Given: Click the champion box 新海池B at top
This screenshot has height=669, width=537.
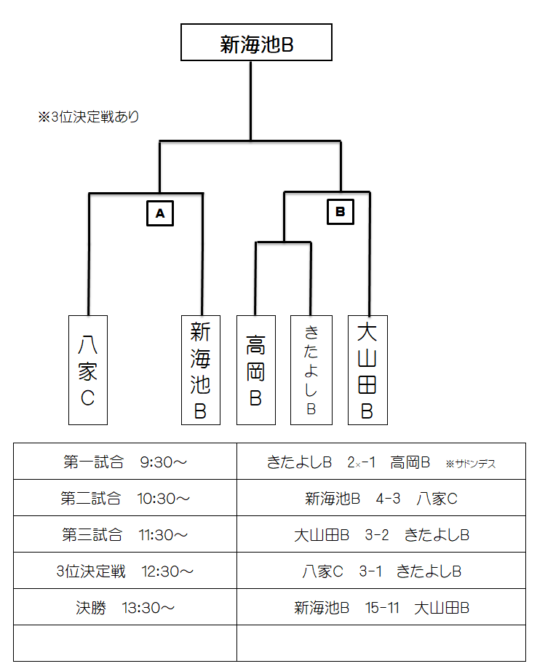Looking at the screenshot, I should click(256, 43).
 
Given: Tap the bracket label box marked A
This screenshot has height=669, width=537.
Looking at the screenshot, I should click(160, 213).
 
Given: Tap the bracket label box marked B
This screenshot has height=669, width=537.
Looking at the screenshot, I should click(340, 212).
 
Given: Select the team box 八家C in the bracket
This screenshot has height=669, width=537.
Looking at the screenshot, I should click(87, 370).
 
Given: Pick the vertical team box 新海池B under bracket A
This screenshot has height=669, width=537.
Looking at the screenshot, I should click(200, 370).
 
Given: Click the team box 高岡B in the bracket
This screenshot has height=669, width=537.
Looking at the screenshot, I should click(256, 370).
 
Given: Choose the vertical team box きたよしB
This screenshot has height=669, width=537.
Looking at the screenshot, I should click(311, 370).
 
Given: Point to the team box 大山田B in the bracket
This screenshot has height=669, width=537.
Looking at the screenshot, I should click(367, 370).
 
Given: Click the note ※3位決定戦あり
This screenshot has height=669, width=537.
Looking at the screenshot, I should click(89, 116).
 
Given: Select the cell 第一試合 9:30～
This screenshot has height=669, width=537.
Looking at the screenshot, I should click(125, 462).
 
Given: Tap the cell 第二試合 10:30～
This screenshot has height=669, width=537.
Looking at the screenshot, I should click(125, 499).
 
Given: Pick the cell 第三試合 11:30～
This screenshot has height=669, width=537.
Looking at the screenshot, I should click(125, 535).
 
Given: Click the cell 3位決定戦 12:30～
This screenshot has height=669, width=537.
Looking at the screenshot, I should click(125, 571).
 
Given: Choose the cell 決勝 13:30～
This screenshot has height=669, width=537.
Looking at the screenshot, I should click(125, 608).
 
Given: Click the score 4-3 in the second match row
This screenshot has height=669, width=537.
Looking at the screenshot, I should click(389, 499).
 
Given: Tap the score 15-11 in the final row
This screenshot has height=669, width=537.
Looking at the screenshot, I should click(383, 608).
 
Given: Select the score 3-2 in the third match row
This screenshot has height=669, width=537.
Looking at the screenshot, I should click(377, 535).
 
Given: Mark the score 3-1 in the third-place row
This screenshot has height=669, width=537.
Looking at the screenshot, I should click(370, 571).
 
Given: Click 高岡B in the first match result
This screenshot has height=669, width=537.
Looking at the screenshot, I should click(410, 462).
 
